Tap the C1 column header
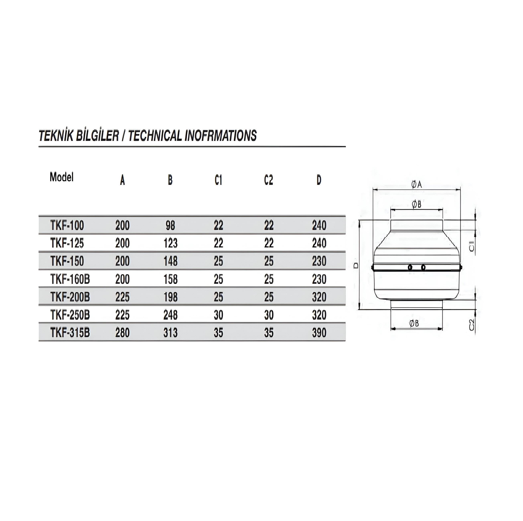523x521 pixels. [218, 180]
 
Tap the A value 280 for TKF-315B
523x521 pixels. [122, 333]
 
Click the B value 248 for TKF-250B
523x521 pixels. [170, 315]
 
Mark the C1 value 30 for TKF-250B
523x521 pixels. [218, 315]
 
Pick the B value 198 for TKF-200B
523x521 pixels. [170, 297]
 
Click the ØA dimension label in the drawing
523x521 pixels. [417, 185]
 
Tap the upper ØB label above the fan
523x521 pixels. [417, 204]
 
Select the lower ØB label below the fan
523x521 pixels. [414, 323]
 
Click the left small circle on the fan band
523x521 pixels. [410, 268]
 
